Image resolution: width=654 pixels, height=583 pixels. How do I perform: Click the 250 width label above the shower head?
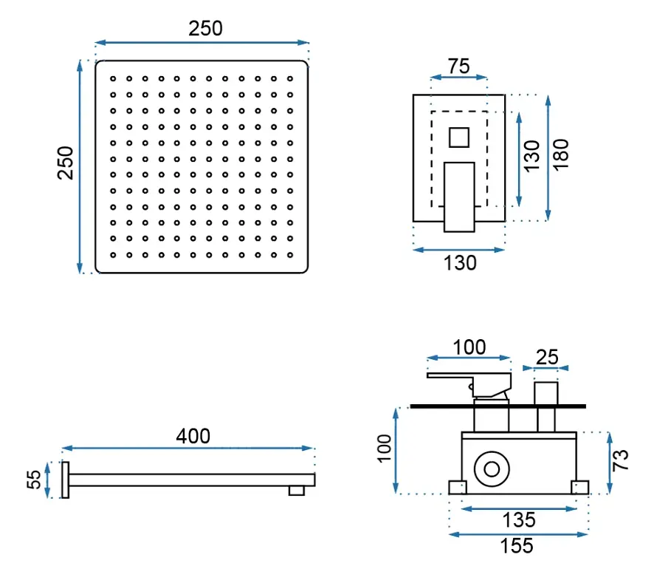point(205,28)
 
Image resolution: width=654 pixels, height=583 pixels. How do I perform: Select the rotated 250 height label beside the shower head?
point(66,163)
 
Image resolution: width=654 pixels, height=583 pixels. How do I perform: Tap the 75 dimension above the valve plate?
point(459,66)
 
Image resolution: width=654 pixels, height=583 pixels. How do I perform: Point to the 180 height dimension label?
point(560,154)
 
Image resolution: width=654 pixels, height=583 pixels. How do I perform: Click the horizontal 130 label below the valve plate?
point(460,263)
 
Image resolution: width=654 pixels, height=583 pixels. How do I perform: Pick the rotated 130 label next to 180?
point(531,156)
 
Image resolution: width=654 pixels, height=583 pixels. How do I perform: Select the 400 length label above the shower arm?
point(193,436)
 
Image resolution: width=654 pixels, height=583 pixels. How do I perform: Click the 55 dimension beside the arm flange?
point(34,480)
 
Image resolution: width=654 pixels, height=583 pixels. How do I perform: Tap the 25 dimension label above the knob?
point(547,357)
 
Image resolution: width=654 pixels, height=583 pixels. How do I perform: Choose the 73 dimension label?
point(621,460)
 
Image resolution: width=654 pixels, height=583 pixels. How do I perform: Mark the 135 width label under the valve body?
point(519,520)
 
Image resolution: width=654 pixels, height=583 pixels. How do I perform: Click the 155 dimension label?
point(517,546)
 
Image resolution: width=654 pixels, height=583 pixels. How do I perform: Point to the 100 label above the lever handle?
point(469,347)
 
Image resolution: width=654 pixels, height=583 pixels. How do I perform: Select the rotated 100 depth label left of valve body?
point(384,449)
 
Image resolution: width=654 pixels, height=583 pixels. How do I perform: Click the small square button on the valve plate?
point(459,137)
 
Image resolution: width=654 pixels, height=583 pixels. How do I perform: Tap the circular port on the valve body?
point(492,469)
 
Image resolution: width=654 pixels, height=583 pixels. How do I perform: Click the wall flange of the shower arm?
point(65,480)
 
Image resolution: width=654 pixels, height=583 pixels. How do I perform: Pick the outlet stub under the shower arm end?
point(297,491)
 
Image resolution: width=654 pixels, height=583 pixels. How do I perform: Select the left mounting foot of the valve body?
point(458,488)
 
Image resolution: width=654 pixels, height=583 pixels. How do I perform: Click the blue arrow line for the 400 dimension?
point(187,448)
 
